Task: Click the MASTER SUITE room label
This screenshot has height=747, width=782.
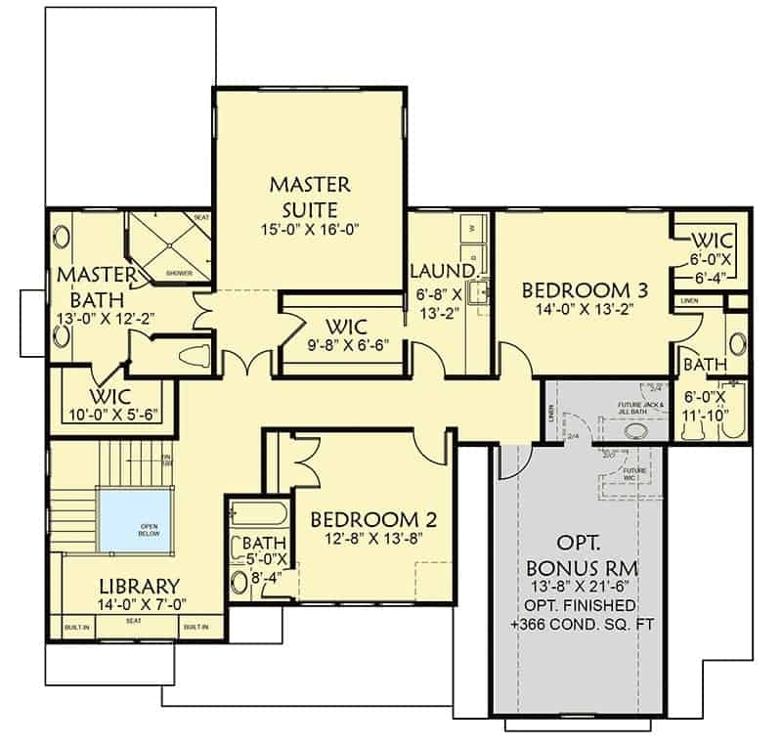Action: point(310,197)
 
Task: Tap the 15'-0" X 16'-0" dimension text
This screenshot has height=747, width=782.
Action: point(310,230)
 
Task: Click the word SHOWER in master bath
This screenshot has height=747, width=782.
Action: point(179,273)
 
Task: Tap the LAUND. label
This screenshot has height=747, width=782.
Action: point(442,270)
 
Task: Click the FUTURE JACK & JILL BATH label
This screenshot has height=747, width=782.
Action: point(641,408)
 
